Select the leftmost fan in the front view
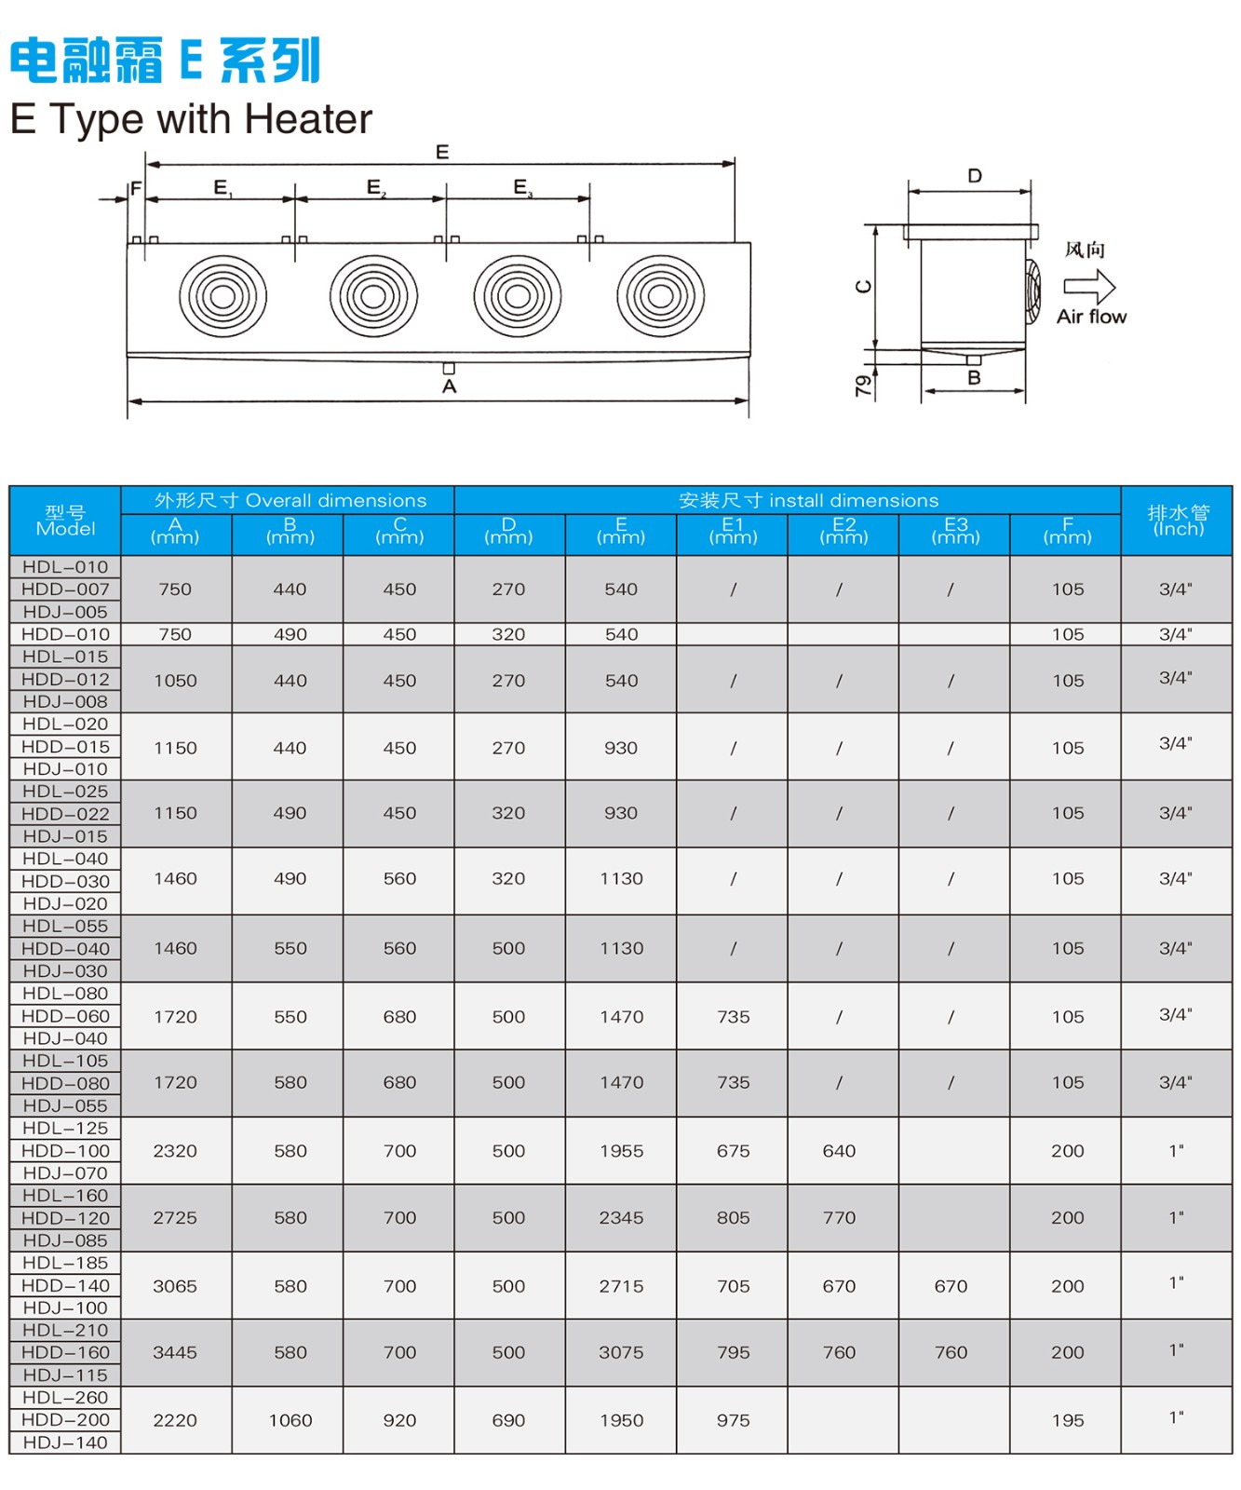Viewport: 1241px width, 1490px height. pyautogui.click(x=223, y=296)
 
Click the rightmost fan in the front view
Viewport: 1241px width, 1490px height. pyautogui.click(x=660, y=296)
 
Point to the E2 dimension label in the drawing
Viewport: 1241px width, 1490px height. pyautogui.click(x=375, y=187)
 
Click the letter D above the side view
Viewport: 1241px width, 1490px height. pyautogui.click(x=975, y=176)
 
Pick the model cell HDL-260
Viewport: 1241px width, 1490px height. pyautogui.click(x=65, y=1397)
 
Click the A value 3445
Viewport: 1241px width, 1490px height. pyautogui.click(x=175, y=1352)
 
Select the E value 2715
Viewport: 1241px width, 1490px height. pyautogui.click(x=621, y=1285)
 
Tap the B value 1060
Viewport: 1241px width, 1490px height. pyautogui.click(x=290, y=1420)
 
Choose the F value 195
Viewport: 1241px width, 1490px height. pyautogui.click(x=1068, y=1420)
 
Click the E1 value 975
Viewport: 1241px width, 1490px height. pyautogui.click(x=733, y=1420)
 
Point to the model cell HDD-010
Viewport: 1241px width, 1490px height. pyautogui.click(x=65, y=634)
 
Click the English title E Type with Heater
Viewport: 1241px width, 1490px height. pyautogui.click(x=191, y=119)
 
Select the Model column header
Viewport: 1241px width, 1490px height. pyautogui.click(x=65, y=521)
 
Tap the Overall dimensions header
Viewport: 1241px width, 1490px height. pyautogui.click(x=290, y=500)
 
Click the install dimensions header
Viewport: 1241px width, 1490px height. pyautogui.click(x=808, y=500)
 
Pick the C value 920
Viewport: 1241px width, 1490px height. pyautogui.click(x=399, y=1420)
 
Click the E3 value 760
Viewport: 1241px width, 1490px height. pyautogui.click(x=951, y=1352)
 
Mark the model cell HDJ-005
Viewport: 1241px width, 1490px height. pyautogui.click(x=65, y=612)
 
